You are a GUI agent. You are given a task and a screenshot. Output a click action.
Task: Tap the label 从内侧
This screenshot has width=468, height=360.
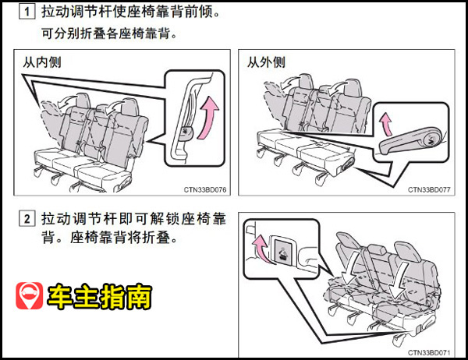[42, 62]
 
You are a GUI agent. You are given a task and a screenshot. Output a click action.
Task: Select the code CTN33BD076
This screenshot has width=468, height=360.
[205, 189]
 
